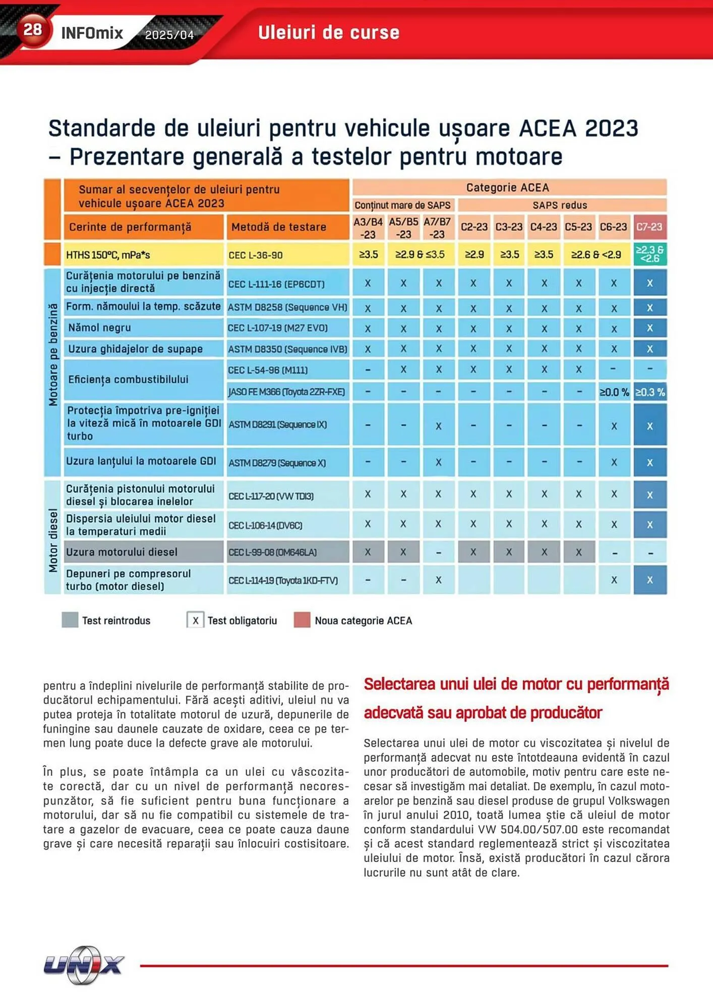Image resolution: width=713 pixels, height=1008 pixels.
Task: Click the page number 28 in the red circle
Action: click(x=33, y=30)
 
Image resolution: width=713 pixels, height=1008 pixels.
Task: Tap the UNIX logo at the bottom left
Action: click(x=84, y=965)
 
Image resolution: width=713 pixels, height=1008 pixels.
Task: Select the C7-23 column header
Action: click(x=649, y=227)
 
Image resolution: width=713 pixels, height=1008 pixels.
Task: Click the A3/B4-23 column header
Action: click(x=368, y=228)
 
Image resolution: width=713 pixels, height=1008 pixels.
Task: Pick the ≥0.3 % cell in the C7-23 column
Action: click(x=650, y=392)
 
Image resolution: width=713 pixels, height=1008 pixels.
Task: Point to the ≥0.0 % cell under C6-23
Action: click(x=614, y=392)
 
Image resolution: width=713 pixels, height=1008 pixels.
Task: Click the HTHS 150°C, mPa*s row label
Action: click(x=108, y=255)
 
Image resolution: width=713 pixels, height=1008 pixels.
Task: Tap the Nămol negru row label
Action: click(x=100, y=328)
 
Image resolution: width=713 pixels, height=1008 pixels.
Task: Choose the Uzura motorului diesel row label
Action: click(x=122, y=552)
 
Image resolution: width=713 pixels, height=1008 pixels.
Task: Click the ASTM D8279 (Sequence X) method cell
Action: click(x=277, y=463)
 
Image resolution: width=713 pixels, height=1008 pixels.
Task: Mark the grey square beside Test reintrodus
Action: click(x=70, y=620)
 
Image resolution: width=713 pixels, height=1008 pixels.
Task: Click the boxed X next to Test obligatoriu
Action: click(x=195, y=620)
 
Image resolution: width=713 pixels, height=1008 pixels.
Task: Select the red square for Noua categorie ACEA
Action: click(x=302, y=620)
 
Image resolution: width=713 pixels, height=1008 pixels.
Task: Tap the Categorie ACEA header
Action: click(x=507, y=187)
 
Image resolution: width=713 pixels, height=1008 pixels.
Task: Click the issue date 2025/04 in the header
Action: click(x=169, y=35)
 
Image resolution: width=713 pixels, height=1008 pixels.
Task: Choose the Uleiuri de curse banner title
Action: click(x=329, y=33)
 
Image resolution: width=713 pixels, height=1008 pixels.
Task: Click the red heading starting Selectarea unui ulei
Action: click(x=516, y=698)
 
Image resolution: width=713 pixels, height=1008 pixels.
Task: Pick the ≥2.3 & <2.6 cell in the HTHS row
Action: click(x=649, y=254)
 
